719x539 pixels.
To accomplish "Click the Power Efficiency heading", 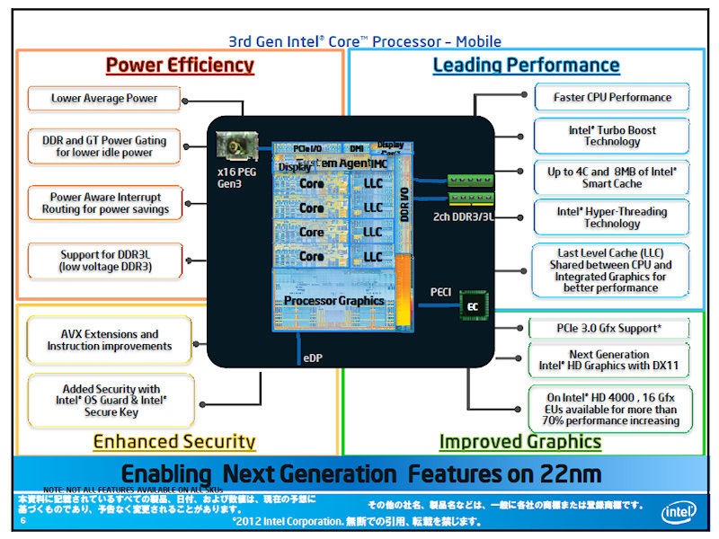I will (x=180, y=66).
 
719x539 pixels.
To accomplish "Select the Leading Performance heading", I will (x=526, y=66).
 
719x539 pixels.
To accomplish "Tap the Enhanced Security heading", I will (x=173, y=442).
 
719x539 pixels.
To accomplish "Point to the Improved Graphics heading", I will (x=519, y=442).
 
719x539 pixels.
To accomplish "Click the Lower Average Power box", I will (x=104, y=99).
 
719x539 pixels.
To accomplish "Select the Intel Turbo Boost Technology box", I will (x=612, y=136).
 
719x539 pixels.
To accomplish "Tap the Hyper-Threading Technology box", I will (x=612, y=217).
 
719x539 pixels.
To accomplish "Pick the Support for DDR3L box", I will (x=105, y=261).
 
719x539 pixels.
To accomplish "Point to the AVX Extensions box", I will (x=110, y=340).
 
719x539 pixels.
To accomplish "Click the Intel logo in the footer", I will (x=679, y=512).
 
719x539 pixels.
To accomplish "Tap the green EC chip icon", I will (x=472, y=306).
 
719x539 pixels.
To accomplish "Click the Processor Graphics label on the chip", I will (x=333, y=301).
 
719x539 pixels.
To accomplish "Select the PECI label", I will (x=441, y=291).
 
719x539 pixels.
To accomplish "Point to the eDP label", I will (x=310, y=358).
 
